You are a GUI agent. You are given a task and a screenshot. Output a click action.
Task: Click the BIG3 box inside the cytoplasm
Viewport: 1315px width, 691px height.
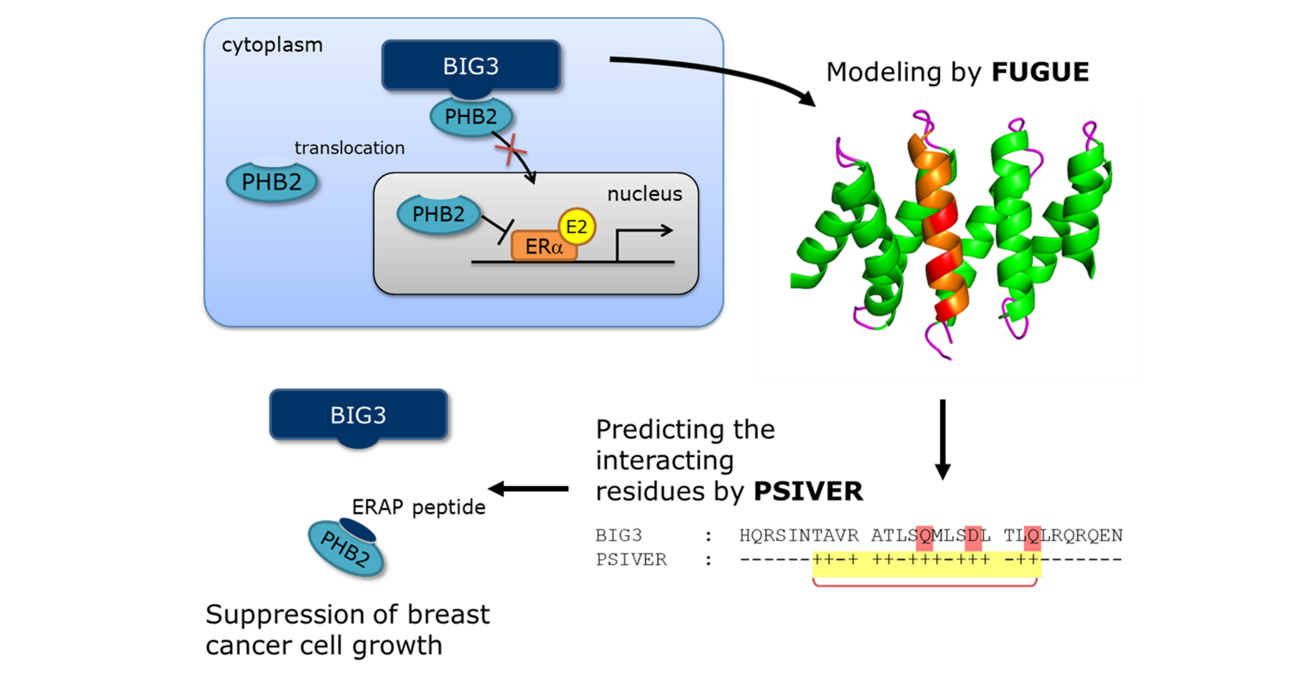471,65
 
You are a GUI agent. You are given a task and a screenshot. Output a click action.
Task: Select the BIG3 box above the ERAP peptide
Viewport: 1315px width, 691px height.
358,414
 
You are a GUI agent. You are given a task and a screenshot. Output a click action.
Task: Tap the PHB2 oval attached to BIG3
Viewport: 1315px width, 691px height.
471,117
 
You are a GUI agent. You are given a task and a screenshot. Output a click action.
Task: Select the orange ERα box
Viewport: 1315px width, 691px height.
543,247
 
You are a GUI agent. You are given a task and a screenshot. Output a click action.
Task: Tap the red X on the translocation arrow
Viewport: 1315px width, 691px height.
510,149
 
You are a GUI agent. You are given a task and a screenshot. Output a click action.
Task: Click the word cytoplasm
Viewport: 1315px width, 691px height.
272,45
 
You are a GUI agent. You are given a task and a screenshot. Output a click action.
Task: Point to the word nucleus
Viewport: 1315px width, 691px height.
644,194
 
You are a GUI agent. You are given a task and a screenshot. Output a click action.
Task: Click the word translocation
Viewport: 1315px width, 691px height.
350,148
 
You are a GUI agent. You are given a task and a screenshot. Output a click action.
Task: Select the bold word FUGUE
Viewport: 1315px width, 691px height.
1040,72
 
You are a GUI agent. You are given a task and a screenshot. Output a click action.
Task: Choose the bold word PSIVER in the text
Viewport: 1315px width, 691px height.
808,491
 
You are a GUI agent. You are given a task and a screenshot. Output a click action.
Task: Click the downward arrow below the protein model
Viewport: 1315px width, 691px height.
942,439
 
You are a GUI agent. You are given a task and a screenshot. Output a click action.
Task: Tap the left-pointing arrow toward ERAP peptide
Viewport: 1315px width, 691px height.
528,489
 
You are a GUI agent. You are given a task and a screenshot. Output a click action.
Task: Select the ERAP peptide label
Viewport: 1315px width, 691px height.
418,507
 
